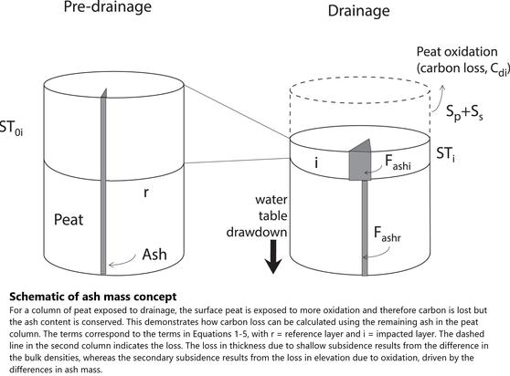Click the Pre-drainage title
(108, 7)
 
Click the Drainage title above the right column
(359, 11)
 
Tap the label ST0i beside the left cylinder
(11, 128)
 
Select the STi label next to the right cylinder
(446, 154)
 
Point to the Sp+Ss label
(464, 112)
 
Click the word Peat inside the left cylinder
(69, 220)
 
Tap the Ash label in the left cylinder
(154, 255)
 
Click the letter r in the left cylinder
(146, 193)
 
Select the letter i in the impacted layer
(316, 162)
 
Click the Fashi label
(398, 162)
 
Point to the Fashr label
(387, 234)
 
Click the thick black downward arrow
(273, 256)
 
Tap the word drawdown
(257, 232)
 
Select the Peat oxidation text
(457, 52)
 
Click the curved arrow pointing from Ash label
(122, 261)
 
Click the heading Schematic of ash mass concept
(93, 297)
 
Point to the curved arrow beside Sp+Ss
(437, 99)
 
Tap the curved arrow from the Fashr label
(376, 254)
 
